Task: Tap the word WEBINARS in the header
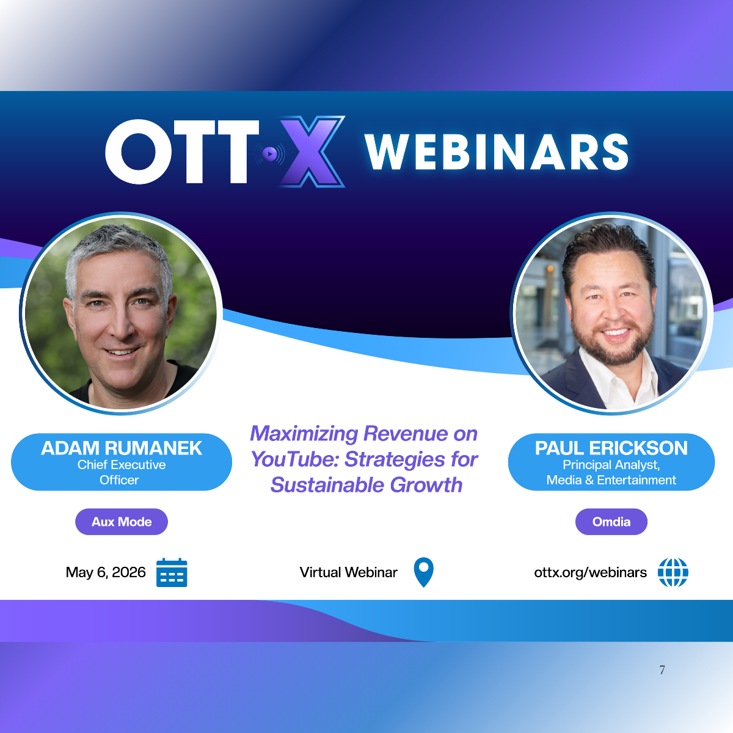tap(497, 151)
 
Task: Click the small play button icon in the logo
tap(270, 154)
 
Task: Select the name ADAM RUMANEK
tap(122, 448)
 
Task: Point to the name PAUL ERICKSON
tap(611, 448)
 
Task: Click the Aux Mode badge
tap(122, 522)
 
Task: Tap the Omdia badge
tap(611, 522)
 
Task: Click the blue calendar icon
tap(172, 572)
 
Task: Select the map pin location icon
tap(423, 572)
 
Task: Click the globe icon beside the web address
tap(673, 572)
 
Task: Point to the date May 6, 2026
tap(105, 572)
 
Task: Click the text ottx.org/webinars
tap(590, 572)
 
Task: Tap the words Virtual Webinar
tap(348, 572)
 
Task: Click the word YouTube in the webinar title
tap(295, 459)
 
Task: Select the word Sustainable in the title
tap(327, 485)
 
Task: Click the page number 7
tap(662, 670)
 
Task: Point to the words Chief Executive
tap(122, 465)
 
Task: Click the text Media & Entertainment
tap(611, 480)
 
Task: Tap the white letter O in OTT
tap(139, 151)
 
